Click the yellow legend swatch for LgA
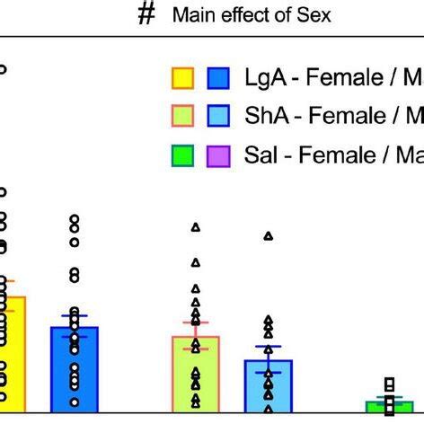point(183,79)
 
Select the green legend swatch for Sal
point(183,156)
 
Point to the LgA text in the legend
point(263,79)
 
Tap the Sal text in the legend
point(260,156)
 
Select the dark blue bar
point(75,368)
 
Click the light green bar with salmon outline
point(196,373)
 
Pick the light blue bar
point(268,386)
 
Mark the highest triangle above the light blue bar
point(268,236)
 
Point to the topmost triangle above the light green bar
point(196,226)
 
